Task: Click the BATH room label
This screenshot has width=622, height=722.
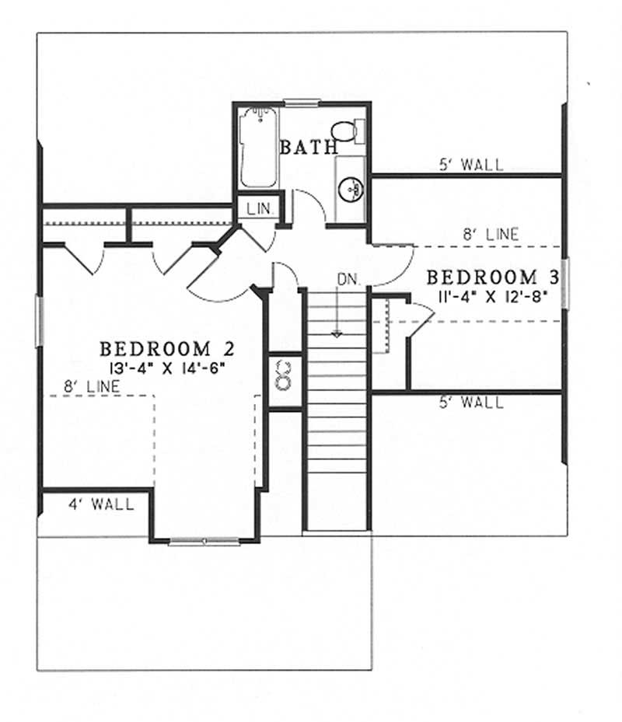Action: point(309,146)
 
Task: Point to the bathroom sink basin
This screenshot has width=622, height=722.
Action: point(351,187)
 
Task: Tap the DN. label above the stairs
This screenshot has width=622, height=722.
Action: point(347,278)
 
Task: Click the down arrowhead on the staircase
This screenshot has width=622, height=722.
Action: point(337,334)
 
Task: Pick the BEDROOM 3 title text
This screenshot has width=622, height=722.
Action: point(482,277)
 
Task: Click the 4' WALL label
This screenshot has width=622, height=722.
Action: point(100,504)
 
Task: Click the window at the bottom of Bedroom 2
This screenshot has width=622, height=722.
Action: point(204,541)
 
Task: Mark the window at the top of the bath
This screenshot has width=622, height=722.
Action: point(302,102)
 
